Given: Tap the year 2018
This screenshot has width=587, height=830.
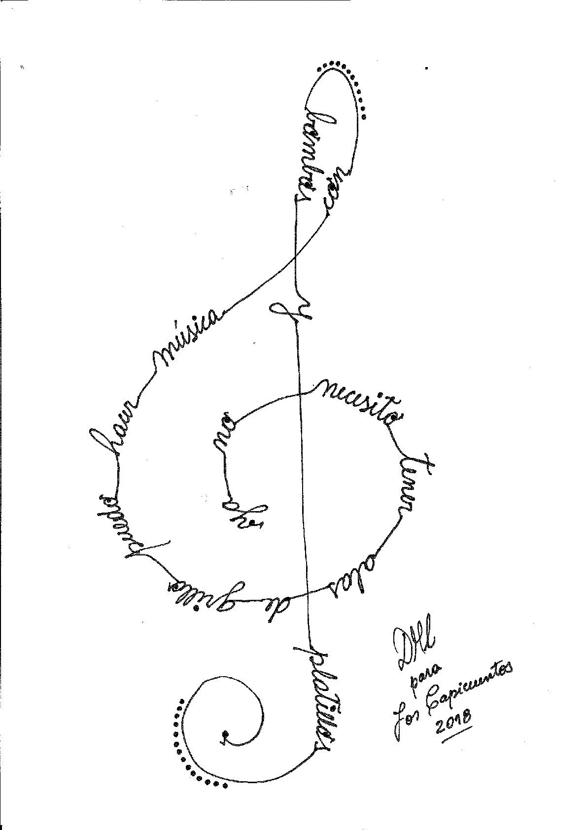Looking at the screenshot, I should (x=453, y=722).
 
